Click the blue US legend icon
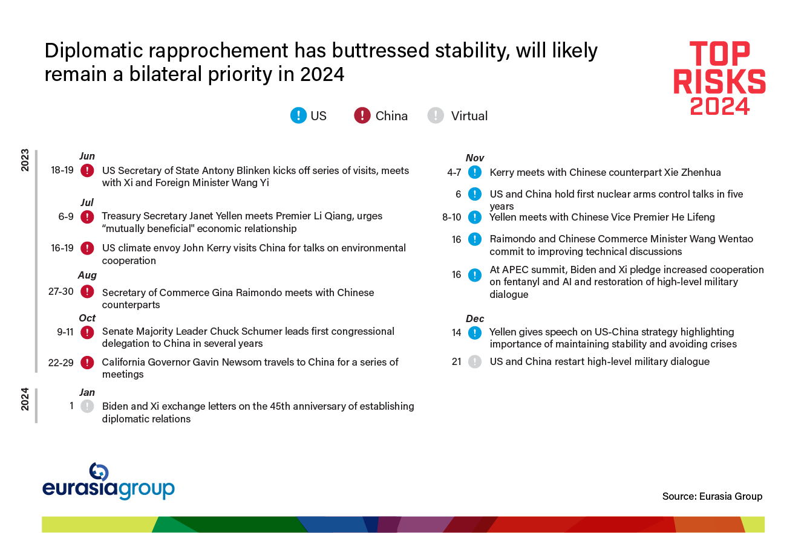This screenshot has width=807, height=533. tap(298, 115)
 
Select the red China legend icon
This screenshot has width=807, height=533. tap(362, 115)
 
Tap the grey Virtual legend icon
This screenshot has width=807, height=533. tap(436, 115)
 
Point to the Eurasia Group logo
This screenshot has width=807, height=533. tap(108, 482)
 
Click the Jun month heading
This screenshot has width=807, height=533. tap(87, 156)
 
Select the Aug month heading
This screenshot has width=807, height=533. tap(87, 275)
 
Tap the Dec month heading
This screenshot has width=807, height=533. tap(475, 318)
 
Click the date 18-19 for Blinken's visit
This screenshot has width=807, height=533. tap(62, 170)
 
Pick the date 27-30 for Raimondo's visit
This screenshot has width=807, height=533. tap(60, 292)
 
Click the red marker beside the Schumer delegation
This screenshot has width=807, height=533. tap(87, 332)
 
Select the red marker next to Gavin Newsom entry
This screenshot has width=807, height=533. tap(87, 362)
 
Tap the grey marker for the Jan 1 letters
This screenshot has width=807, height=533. tap(87, 406)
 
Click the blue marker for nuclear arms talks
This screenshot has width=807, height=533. tap(475, 195)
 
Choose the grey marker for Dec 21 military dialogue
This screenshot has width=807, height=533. tap(475, 362)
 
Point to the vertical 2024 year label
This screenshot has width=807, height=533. tap(25, 399)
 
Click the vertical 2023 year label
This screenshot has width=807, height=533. tap(25, 160)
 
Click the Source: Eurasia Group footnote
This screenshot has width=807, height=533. tap(712, 496)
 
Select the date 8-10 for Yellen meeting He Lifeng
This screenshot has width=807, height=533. tap(452, 217)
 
